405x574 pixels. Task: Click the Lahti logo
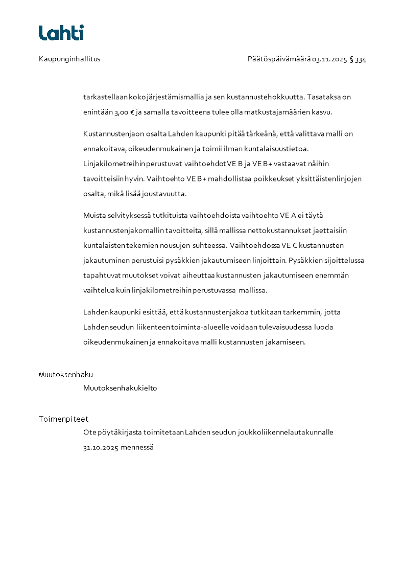pos(61,33)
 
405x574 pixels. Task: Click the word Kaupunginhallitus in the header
pos(69,59)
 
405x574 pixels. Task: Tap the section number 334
pos(361,59)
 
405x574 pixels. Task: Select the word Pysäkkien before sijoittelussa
pos(305,260)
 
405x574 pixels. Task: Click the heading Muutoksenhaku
pos(66,375)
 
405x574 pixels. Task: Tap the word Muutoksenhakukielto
pos(120,388)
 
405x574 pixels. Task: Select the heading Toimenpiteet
pos(63,419)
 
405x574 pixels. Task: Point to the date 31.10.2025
pos(101,447)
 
